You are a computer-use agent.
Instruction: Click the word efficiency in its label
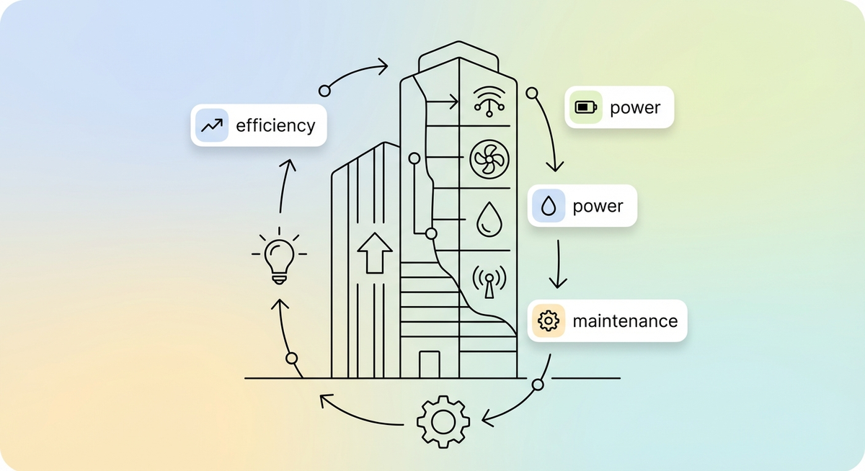pos(275,126)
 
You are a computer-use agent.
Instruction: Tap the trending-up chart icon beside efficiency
pos(211,126)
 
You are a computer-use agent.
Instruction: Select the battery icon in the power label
pos(585,108)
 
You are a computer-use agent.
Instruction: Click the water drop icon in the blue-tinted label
pos(549,207)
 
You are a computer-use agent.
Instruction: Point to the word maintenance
pos(625,320)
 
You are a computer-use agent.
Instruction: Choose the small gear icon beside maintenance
pos(549,320)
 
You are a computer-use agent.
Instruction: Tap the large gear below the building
pos(443,421)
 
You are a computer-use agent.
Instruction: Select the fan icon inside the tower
pos(488,159)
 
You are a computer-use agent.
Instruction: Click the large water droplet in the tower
pos(488,218)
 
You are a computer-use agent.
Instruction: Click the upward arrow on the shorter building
pos(375,252)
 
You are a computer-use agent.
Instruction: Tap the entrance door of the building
pos(429,364)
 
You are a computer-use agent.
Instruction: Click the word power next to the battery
pos(635,108)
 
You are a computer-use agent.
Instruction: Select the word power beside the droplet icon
pos(598,207)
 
